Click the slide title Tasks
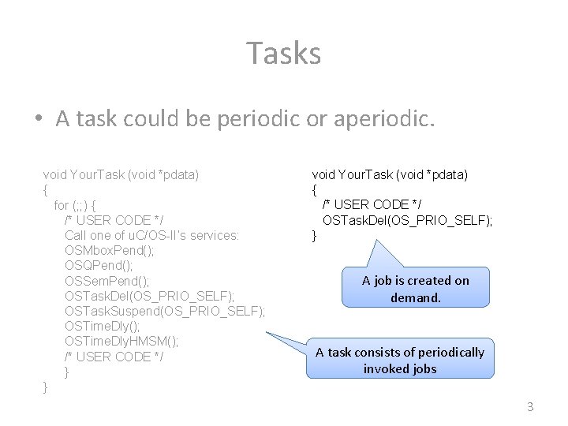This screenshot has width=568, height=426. click(x=284, y=54)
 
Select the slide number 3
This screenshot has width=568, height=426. click(x=530, y=407)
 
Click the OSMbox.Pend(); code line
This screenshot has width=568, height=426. click(x=110, y=250)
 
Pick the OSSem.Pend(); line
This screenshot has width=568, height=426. click(x=107, y=281)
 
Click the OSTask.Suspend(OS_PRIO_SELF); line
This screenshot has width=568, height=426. click(x=165, y=311)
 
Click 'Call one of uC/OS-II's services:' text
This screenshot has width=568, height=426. click(x=152, y=235)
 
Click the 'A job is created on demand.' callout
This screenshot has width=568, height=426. click(x=416, y=289)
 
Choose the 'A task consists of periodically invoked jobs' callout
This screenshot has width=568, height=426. click(x=400, y=360)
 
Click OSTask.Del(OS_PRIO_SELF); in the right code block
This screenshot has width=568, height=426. click(x=407, y=220)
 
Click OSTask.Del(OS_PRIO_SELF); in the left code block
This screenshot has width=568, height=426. click(x=149, y=296)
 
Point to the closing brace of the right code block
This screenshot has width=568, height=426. click(x=315, y=235)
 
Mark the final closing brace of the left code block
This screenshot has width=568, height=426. click(x=46, y=387)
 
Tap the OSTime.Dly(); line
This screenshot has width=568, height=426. click(x=103, y=326)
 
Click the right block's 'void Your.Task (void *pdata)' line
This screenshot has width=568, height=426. click(x=390, y=174)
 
